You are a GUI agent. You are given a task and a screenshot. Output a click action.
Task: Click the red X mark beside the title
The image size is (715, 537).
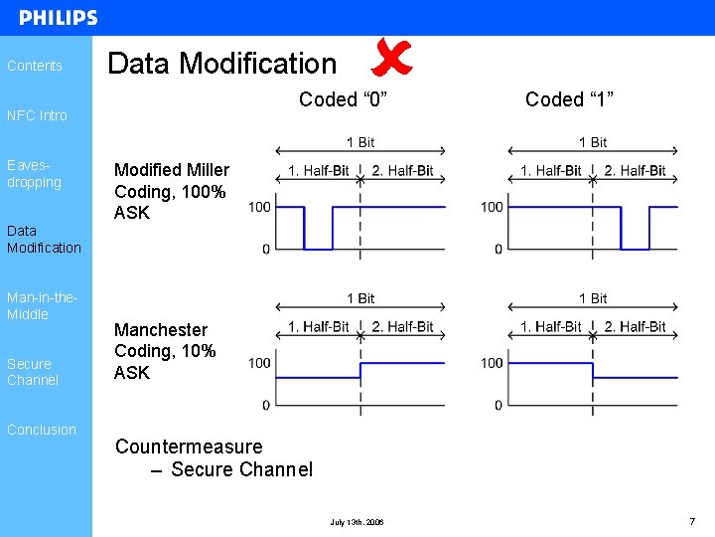click(x=390, y=58)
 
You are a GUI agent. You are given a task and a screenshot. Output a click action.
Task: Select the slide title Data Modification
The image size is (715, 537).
click(x=222, y=64)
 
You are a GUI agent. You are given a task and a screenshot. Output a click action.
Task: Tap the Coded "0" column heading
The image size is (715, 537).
click(x=343, y=99)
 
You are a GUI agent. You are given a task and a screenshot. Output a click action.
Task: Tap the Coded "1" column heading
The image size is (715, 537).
click(x=569, y=99)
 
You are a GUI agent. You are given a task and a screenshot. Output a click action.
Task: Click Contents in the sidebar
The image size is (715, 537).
click(x=35, y=66)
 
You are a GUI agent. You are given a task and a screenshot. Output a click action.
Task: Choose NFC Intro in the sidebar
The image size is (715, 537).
click(x=37, y=115)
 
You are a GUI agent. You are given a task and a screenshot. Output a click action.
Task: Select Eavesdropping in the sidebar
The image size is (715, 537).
click(x=34, y=174)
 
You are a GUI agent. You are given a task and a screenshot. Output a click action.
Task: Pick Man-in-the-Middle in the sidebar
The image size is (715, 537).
click(x=42, y=305)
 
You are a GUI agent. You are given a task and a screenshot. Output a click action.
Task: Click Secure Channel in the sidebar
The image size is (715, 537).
click(x=33, y=372)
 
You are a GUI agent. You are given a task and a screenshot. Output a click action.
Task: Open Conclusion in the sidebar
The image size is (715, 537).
click(x=41, y=430)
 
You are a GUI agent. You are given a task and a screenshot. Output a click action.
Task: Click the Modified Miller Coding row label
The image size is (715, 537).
click(x=171, y=191)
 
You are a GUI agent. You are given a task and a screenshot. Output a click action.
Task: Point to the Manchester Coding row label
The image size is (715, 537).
click(x=165, y=351)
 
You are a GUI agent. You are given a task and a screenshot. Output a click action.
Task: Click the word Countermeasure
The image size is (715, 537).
click(x=189, y=447)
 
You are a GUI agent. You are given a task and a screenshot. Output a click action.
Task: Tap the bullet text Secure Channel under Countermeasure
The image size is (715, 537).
click(x=241, y=469)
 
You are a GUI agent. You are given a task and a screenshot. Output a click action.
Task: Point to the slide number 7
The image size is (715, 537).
click(x=691, y=521)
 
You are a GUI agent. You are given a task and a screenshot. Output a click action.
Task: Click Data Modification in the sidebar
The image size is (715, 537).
click(x=44, y=239)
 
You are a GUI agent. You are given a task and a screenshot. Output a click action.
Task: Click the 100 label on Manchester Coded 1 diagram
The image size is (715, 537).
click(x=492, y=363)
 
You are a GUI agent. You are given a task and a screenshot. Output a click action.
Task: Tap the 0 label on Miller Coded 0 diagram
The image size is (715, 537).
click(x=265, y=249)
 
